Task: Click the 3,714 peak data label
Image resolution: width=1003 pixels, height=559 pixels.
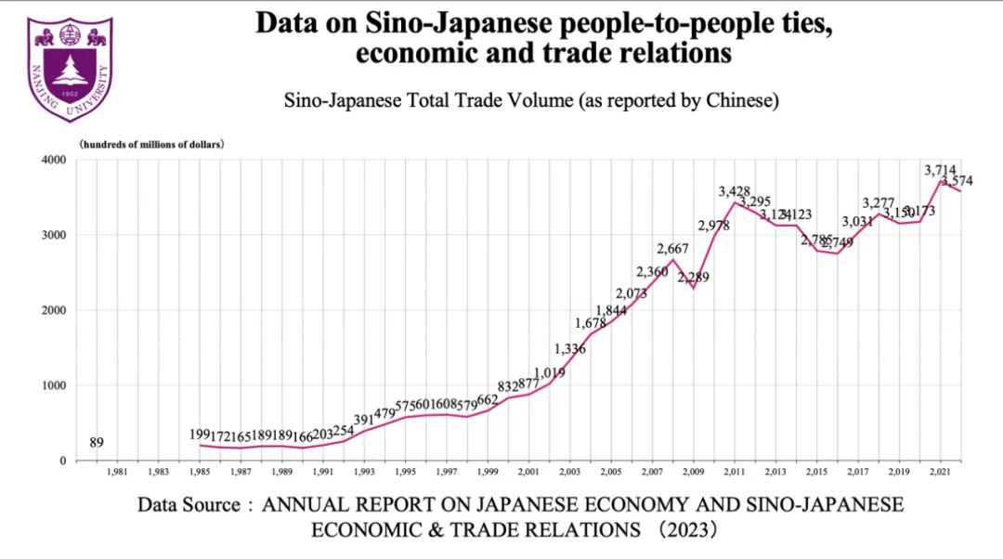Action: [x=940, y=170]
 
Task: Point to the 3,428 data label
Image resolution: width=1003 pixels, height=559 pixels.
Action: [x=734, y=191]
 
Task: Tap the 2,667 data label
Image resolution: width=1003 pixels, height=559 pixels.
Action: [x=673, y=248]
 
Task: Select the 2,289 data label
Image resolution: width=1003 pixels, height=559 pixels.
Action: [x=693, y=277]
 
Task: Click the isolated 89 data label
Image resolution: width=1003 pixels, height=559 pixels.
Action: [x=96, y=442]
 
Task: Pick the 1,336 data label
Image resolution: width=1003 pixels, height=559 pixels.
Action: [x=570, y=349]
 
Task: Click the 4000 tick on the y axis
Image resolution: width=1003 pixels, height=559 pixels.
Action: [x=54, y=160]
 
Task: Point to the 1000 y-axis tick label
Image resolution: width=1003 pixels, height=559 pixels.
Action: [x=54, y=385]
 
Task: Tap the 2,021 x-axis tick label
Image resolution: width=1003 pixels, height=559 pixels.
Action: [x=940, y=472]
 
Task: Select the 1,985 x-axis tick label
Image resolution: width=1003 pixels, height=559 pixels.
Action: [x=199, y=472]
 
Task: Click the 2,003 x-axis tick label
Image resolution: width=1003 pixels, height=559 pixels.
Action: [x=569, y=472]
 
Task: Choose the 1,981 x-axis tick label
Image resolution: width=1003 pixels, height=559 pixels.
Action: [x=116, y=472]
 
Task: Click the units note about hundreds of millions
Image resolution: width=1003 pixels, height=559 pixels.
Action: [x=151, y=144]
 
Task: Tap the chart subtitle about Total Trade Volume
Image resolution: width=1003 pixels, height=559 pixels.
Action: [x=530, y=99]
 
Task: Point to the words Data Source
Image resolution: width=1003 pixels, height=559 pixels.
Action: [x=190, y=505]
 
